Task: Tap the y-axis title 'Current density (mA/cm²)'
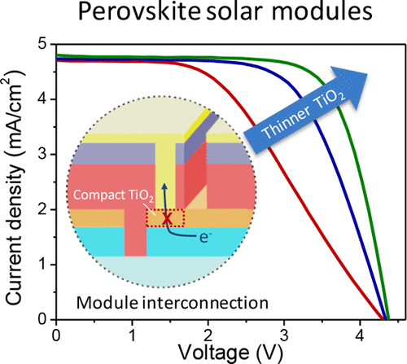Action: [15, 184]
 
